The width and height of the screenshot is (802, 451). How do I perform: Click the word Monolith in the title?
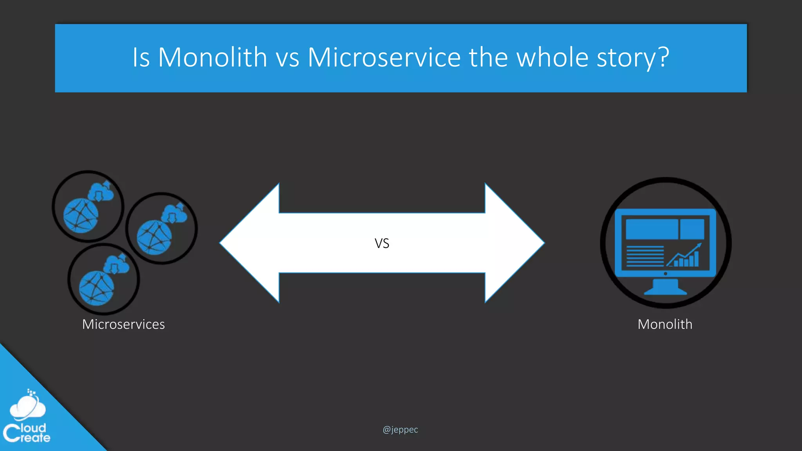[x=212, y=58]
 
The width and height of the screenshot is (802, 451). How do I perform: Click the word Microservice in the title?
[x=384, y=58]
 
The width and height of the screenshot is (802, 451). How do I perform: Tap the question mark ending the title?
[x=663, y=58]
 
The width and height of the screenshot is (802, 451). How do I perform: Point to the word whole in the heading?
[x=552, y=58]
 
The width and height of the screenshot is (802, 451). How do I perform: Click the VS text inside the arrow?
[x=382, y=244]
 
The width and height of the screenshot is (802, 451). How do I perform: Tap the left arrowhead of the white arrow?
[x=251, y=243]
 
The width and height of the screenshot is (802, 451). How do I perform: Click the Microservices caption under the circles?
[x=123, y=324]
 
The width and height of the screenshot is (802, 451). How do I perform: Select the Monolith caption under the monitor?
[x=665, y=324]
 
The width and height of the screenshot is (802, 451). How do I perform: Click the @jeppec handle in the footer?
[x=400, y=429]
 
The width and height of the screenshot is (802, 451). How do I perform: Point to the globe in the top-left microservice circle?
[x=81, y=215]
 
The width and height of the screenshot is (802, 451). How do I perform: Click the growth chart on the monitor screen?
[x=685, y=256]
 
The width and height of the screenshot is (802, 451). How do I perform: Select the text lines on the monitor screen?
[x=645, y=256]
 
